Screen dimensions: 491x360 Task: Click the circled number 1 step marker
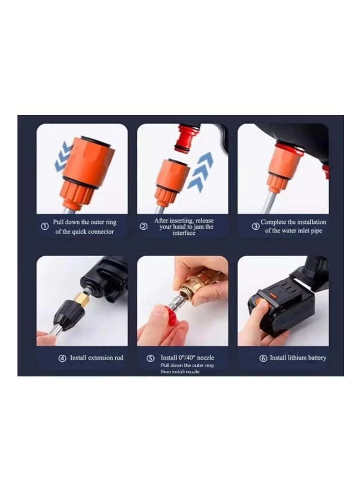coord(45,227)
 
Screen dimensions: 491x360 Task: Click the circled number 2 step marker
coord(144,226)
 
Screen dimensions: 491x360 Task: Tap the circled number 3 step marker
coord(255,226)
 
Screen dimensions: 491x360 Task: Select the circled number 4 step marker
coord(62,358)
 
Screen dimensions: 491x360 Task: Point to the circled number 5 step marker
coord(151,358)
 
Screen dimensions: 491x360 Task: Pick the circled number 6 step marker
coord(263,358)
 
